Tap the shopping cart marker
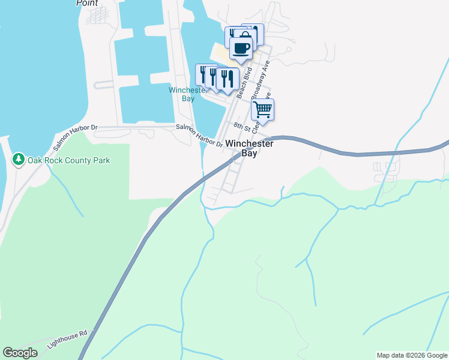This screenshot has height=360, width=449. pyautogui.click(x=262, y=110)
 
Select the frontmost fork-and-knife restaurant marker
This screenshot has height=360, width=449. pyautogui.click(x=228, y=79)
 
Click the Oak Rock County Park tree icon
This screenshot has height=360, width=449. pyautogui.click(x=18, y=160)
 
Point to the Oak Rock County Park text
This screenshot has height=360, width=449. pyautogui.click(x=68, y=161)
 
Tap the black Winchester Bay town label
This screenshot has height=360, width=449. pyautogui.click(x=249, y=149)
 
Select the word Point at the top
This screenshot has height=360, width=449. pyautogui.click(x=87, y=3)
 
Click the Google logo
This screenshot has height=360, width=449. pyautogui.click(x=20, y=353)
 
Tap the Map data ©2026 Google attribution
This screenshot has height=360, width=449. pyautogui.click(x=411, y=355)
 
